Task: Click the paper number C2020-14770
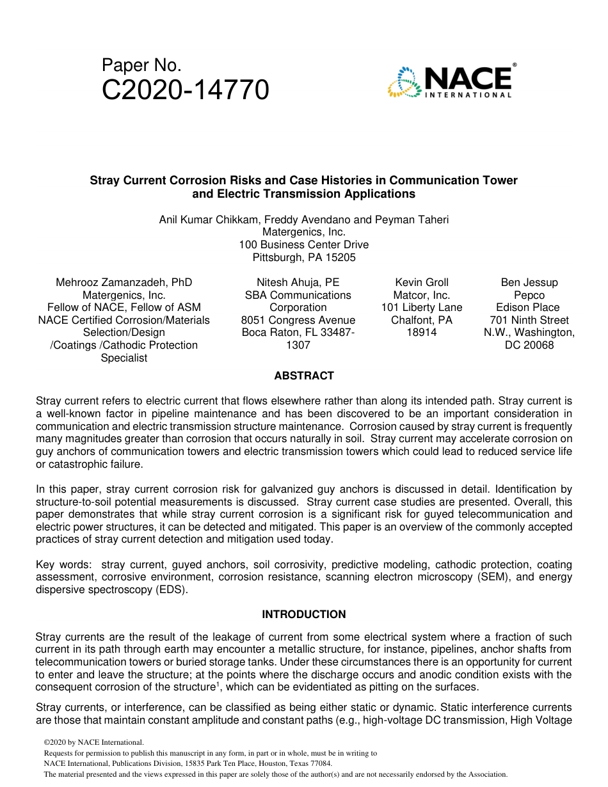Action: (185, 91)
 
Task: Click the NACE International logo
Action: (450, 81)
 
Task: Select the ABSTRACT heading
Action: (304, 376)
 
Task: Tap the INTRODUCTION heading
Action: (304, 614)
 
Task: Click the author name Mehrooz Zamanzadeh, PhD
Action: (124, 282)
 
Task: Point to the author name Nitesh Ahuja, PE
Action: (298, 282)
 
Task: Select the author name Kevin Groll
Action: (422, 282)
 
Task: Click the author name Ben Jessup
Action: (529, 282)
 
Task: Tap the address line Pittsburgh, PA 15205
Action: (304, 257)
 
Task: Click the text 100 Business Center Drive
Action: (304, 244)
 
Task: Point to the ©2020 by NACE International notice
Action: (93, 742)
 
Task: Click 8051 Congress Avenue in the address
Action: (298, 320)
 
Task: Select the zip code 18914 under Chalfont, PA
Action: (422, 332)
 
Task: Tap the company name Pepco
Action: (529, 295)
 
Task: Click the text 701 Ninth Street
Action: (529, 320)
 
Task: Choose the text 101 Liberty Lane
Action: (422, 307)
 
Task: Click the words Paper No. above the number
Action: (141, 65)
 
